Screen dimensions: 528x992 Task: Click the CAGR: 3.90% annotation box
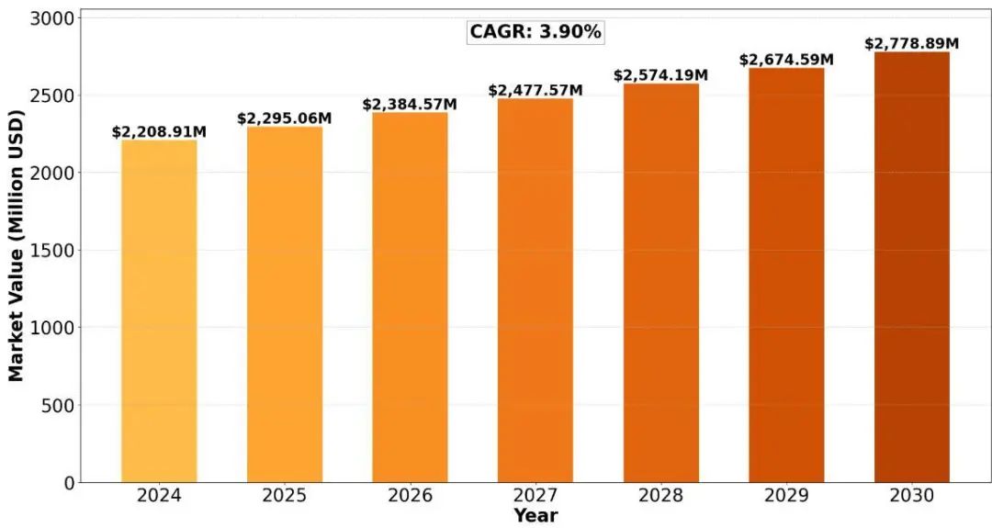click(x=535, y=32)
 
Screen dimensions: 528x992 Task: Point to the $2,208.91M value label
click(x=159, y=132)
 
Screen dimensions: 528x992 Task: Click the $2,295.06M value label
click(x=285, y=118)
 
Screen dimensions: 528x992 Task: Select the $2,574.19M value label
click(x=661, y=74)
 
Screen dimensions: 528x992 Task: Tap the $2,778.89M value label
click(x=912, y=44)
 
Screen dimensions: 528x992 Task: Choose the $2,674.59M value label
click(x=786, y=60)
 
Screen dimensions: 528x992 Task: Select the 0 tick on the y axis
click(x=68, y=483)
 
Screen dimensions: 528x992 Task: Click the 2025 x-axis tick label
click(x=285, y=497)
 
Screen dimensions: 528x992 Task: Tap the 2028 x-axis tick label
click(x=661, y=497)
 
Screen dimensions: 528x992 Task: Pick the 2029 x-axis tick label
click(x=786, y=497)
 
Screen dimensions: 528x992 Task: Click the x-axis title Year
click(x=535, y=516)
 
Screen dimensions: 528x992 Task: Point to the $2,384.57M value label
click(x=410, y=105)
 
